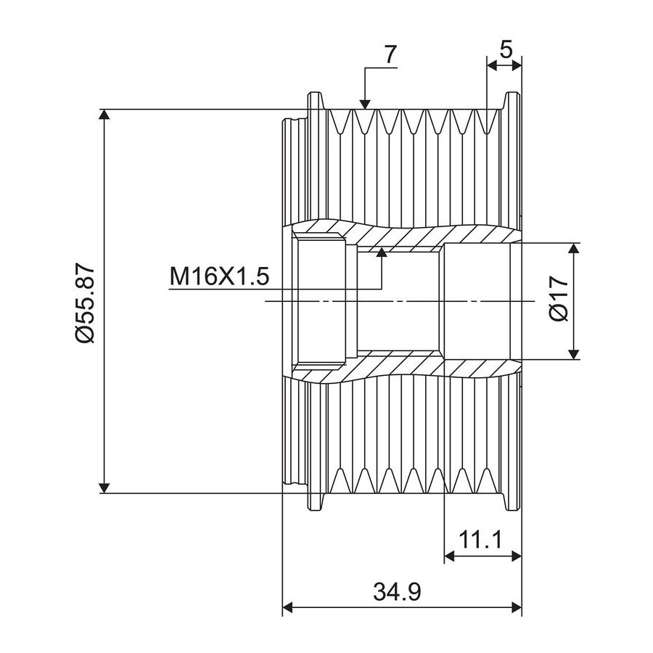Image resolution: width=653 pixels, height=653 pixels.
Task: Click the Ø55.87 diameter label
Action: [x=86, y=303]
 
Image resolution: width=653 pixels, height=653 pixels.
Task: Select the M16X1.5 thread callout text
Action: [x=219, y=276]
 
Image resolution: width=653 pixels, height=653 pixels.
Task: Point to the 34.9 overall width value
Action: [x=398, y=592]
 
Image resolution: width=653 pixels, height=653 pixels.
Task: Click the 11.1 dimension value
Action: [x=480, y=540]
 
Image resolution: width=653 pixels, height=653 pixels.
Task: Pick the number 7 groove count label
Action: [x=390, y=54]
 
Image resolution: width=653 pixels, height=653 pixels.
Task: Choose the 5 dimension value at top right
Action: [x=506, y=50]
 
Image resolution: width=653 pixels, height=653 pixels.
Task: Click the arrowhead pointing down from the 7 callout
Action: [x=365, y=104]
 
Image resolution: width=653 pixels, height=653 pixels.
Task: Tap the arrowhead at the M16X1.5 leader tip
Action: [x=382, y=252]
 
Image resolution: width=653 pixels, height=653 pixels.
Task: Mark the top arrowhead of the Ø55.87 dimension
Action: [x=104, y=115]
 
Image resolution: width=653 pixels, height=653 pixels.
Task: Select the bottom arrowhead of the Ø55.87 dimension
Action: [x=104, y=488]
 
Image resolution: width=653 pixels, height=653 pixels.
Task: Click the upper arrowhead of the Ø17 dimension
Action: [x=574, y=248]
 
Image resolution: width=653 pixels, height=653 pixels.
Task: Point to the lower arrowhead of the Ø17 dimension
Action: [x=574, y=354]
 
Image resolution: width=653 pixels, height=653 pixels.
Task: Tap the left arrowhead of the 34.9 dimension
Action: [x=288, y=607]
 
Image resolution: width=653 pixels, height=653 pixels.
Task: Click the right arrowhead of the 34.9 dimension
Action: [x=517, y=607]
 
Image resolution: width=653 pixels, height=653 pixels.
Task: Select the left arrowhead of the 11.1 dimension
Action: [x=450, y=555]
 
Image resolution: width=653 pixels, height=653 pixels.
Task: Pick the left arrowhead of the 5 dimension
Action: [x=492, y=65]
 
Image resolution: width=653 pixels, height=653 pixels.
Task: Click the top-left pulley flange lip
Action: [x=316, y=101]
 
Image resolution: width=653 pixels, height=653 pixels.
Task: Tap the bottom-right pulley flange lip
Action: [x=513, y=502]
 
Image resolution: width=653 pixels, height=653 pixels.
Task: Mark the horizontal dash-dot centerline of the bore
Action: [x=400, y=300]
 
